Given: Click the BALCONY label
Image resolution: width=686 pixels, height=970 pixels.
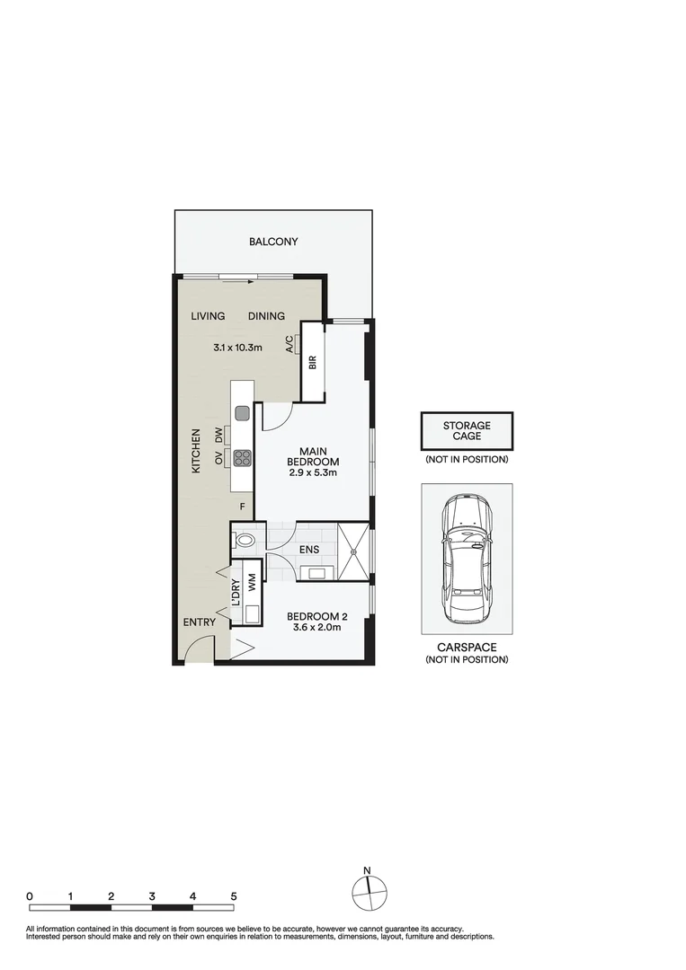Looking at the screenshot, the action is coord(273,242).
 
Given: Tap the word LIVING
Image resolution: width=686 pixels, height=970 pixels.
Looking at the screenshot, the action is coord(208,316).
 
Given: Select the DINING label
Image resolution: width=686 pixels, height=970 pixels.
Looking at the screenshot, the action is coord(266,316).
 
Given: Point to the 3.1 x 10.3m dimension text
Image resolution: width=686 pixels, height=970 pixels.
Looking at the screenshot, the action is coord(237,348).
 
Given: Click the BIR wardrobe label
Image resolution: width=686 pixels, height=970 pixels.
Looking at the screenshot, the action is coord(313,362).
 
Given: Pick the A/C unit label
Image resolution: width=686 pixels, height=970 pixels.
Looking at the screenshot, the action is coord(290,344).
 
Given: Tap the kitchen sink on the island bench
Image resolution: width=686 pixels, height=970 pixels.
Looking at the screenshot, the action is coord(242,412).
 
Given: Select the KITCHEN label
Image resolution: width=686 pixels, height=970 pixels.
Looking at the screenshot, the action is coord(196,451).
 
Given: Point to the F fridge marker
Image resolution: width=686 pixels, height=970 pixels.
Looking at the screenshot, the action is coord(243,507).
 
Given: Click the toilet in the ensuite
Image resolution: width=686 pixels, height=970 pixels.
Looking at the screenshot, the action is coord(243,540).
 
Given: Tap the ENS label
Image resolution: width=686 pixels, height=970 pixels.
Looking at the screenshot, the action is coord(309,550).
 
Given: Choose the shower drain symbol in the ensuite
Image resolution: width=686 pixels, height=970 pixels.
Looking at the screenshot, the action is coord(353,551).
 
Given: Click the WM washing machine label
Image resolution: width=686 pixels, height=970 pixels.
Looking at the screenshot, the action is coord(252,583).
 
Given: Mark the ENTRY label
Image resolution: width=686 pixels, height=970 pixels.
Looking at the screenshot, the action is coord(200,622).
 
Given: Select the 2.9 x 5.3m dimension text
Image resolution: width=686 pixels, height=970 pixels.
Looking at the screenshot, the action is coord(313,472).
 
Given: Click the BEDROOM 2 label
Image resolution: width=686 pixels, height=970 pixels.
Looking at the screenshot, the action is coord(317,617).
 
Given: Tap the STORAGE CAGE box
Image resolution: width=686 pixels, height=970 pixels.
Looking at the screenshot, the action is coord(467,430).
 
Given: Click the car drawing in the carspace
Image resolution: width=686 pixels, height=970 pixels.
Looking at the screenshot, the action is coord(467,560).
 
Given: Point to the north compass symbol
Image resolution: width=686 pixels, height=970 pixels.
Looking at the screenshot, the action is coord(369,893).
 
